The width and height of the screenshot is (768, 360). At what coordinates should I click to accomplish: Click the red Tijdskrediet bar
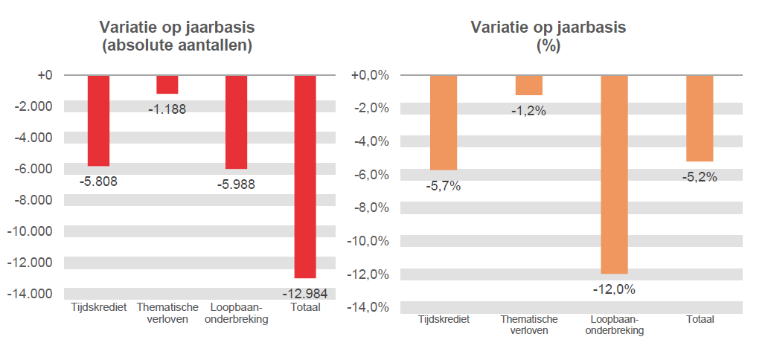click(x=98, y=120)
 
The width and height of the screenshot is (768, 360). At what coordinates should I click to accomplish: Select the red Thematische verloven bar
click(x=167, y=84)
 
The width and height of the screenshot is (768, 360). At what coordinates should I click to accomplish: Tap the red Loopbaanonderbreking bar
click(x=236, y=122)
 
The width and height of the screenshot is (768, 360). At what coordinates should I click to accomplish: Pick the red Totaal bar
click(x=305, y=176)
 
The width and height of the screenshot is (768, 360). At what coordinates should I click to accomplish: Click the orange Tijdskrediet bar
click(x=444, y=123)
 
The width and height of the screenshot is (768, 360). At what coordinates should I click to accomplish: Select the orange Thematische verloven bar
click(x=528, y=85)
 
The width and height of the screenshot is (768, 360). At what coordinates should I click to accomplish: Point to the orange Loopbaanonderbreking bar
click(x=614, y=174)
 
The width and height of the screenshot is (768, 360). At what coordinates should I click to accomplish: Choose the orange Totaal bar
click(x=700, y=118)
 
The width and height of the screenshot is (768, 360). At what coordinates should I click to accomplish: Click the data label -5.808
click(x=98, y=180)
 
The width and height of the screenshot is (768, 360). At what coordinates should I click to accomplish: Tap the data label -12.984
click(x=305, y=293)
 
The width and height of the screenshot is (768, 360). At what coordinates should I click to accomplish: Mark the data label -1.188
click(x=167, y=109)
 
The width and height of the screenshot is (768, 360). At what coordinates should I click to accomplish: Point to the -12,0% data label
click(x=614, y=289)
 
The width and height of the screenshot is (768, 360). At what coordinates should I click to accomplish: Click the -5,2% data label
click(x=700, y=177)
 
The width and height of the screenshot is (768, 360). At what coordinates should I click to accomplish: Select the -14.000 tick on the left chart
click(x=32, y=293)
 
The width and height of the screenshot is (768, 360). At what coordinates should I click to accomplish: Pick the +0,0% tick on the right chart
click(x=369, y=75)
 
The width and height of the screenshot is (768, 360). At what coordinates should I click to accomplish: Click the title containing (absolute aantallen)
click(x=177, y=45)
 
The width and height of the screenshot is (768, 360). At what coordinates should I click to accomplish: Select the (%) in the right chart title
click(x=548, y=45)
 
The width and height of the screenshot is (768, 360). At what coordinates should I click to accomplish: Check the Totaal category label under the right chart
click(x=700, y=319)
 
